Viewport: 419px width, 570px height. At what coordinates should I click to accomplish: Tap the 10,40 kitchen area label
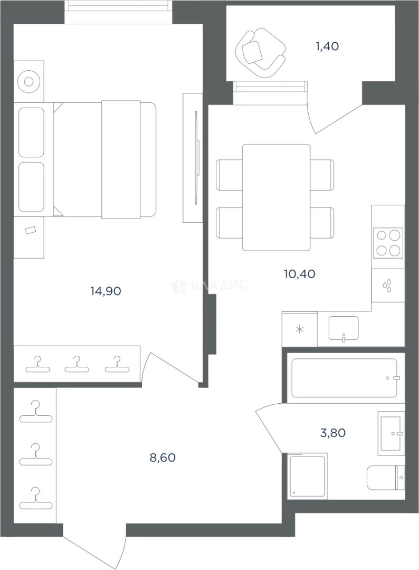299,274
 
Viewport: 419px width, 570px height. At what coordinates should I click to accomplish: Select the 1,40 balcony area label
327,46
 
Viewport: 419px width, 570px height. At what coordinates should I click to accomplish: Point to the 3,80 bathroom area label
333,433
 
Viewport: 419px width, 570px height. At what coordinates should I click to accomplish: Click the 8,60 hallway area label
163,457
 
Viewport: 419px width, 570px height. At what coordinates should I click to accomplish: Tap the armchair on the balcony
260,54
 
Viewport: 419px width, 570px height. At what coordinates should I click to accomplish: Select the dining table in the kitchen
276,197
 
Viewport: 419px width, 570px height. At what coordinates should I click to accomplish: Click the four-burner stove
388,242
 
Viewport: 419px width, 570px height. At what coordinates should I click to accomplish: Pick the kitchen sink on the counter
344,329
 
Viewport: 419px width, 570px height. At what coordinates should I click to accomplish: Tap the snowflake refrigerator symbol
299,330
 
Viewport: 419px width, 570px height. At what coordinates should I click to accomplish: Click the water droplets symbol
387,286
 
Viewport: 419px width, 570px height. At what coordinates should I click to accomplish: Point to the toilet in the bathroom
386,477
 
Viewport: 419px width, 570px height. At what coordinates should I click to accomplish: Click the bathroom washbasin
391,433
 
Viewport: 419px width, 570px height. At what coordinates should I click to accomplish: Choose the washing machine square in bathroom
307,475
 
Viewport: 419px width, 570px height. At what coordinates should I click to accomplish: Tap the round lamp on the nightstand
28,81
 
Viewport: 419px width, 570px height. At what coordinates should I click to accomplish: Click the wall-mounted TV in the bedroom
197,158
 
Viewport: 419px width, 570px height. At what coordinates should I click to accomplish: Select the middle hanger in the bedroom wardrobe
77,365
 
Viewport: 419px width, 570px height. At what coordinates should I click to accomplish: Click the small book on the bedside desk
31,231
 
